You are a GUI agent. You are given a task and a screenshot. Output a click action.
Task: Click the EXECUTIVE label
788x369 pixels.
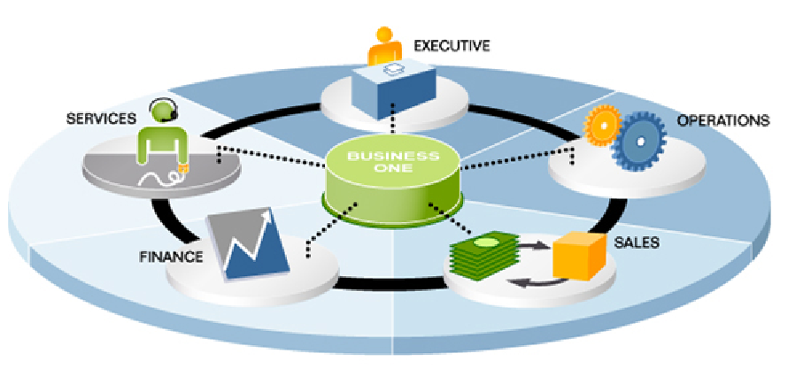coord(452,44)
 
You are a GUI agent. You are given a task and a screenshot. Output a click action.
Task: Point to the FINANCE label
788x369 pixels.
coord(172,258)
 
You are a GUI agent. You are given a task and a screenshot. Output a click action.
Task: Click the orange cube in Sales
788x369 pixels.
coord(578,256)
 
